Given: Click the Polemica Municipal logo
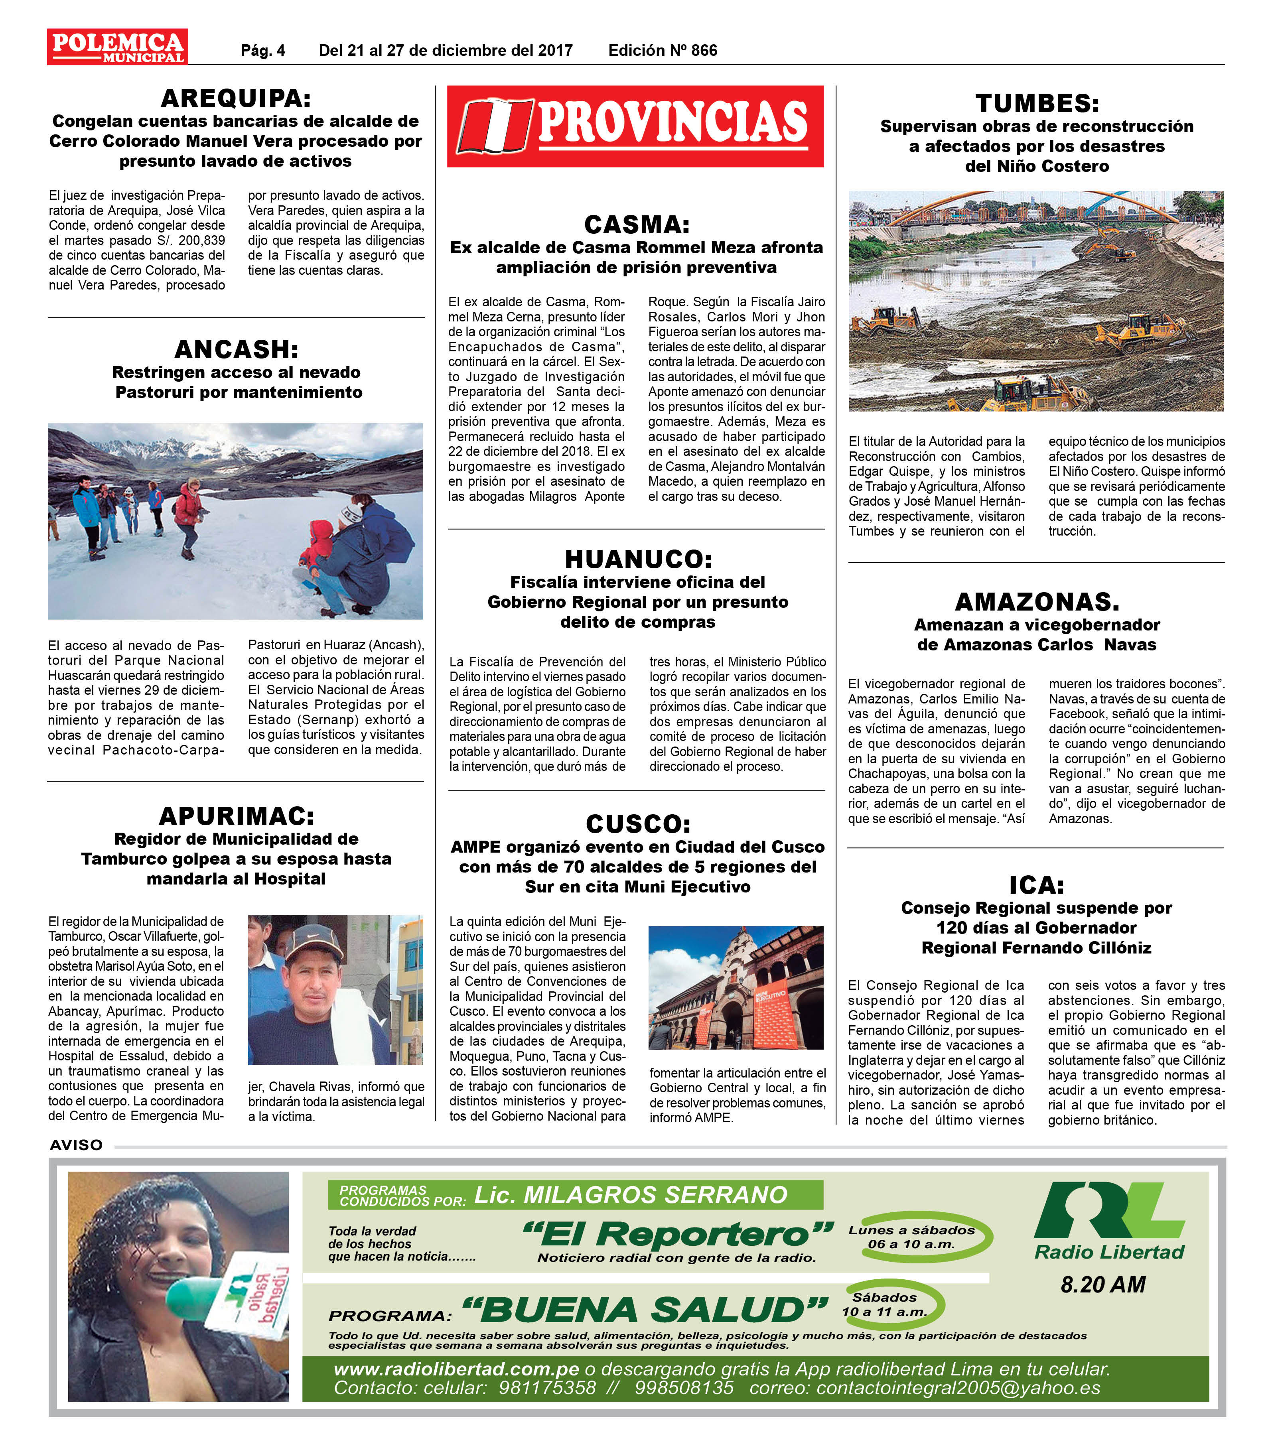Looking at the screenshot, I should [117, 47].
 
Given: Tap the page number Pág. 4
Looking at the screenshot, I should [263, 50].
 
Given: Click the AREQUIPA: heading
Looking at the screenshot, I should [236, 98].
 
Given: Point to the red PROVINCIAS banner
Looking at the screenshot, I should [635, 126].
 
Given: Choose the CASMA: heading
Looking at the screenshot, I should [636, 224].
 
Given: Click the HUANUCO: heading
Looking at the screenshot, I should [637, 559].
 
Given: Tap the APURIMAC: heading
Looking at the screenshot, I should [236, 816].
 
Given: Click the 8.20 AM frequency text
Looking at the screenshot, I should [1102, 1284].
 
